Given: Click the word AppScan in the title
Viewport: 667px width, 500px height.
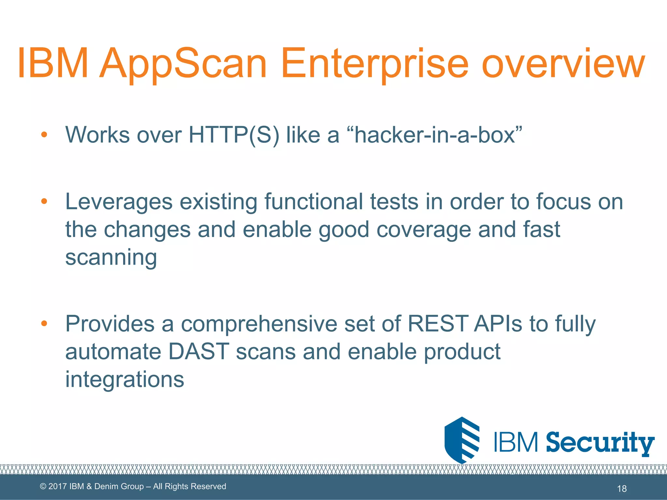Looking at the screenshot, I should click(x=183, y=63).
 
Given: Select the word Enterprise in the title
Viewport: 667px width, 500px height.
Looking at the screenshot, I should click(x=375, y=63).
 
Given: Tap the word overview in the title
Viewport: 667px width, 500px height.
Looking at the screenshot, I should click(x=563, y=63).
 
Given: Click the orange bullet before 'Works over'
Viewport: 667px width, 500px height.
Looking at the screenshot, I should click(x=44, y=134).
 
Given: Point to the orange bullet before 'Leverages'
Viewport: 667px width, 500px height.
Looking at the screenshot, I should click(x=44, y=201).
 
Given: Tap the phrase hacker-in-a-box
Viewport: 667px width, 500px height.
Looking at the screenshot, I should click(x=435, y=134).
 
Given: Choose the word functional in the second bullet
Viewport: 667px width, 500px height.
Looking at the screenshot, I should click(x=313, y=201).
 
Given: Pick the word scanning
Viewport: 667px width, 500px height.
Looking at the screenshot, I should click(x=111, y=257).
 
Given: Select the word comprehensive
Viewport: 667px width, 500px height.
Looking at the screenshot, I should click(x=259, y=324).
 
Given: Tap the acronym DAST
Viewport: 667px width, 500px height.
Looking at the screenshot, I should click(x=199, y=352).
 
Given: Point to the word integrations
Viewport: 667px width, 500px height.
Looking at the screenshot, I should click(x=125, y=379).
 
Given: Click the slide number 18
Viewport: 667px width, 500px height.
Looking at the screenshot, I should click(x=622, y=488).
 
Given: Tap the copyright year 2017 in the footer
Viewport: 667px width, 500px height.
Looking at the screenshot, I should click(x=58, y=486).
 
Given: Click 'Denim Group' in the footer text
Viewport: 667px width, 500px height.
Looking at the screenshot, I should click(x=119, y=486).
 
